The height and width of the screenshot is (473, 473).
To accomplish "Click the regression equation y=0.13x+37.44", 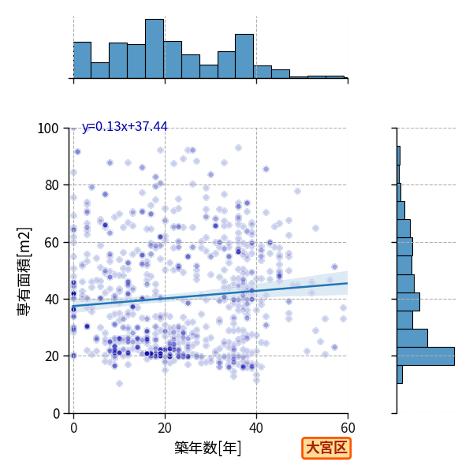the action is tap(125, 126).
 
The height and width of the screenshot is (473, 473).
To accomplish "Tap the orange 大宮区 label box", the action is tap(326, 448).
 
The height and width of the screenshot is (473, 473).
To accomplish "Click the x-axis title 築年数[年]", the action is tap(208, 448).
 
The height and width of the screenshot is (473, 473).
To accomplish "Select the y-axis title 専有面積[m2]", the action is tap(24, 271).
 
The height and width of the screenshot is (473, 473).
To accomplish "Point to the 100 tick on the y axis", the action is tap(47, 128).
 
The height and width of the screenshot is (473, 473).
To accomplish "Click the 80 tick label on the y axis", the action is tap(51, 185).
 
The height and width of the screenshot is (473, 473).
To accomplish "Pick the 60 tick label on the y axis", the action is tap(51, 243).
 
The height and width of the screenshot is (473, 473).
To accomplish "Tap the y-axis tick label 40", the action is tap(51, 300).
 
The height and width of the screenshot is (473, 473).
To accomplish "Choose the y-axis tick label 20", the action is tap(51, 356).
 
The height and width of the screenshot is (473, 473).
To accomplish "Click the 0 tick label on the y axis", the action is tap(56, 414).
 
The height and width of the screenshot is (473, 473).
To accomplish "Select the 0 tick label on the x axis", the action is tap(74, 428).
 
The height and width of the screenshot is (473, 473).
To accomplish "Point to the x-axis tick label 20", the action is tap(165, 428).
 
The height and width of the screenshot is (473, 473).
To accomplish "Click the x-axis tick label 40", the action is tap(256, 428).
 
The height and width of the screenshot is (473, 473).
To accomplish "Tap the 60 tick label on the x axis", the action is tap(348, 428).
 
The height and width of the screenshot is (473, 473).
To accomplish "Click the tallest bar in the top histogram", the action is tap(155, 49).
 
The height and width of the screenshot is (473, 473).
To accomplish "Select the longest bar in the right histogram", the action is tap(426, 356).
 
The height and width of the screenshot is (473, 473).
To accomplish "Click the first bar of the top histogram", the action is tap(82, 61).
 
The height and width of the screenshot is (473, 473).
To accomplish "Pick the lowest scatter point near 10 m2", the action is tap(120, 383).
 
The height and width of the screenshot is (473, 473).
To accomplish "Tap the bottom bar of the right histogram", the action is tap(400, 374).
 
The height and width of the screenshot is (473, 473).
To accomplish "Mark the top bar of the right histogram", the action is tap(398, 155).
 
